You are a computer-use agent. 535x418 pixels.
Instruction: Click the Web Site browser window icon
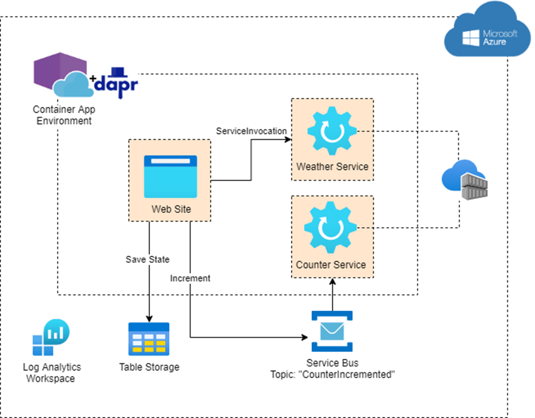[171, 176]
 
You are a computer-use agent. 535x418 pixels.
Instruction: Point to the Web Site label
[171, 210]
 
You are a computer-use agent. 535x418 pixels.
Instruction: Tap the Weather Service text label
[332, 167]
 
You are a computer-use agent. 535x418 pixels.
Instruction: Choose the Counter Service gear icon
[331, 229]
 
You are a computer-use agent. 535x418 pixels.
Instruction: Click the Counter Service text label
[331, 265]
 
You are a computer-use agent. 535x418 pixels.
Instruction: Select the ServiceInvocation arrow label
[251, 131]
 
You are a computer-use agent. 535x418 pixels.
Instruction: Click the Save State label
[148, 259]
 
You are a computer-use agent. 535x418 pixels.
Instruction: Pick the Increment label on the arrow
[190, 278]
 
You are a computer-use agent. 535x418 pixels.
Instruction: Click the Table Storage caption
[149, 367]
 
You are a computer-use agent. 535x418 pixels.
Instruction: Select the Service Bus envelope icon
[332, 331]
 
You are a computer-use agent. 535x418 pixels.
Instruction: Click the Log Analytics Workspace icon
[50, 337]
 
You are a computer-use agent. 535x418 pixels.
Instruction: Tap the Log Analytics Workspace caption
[51, 372]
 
